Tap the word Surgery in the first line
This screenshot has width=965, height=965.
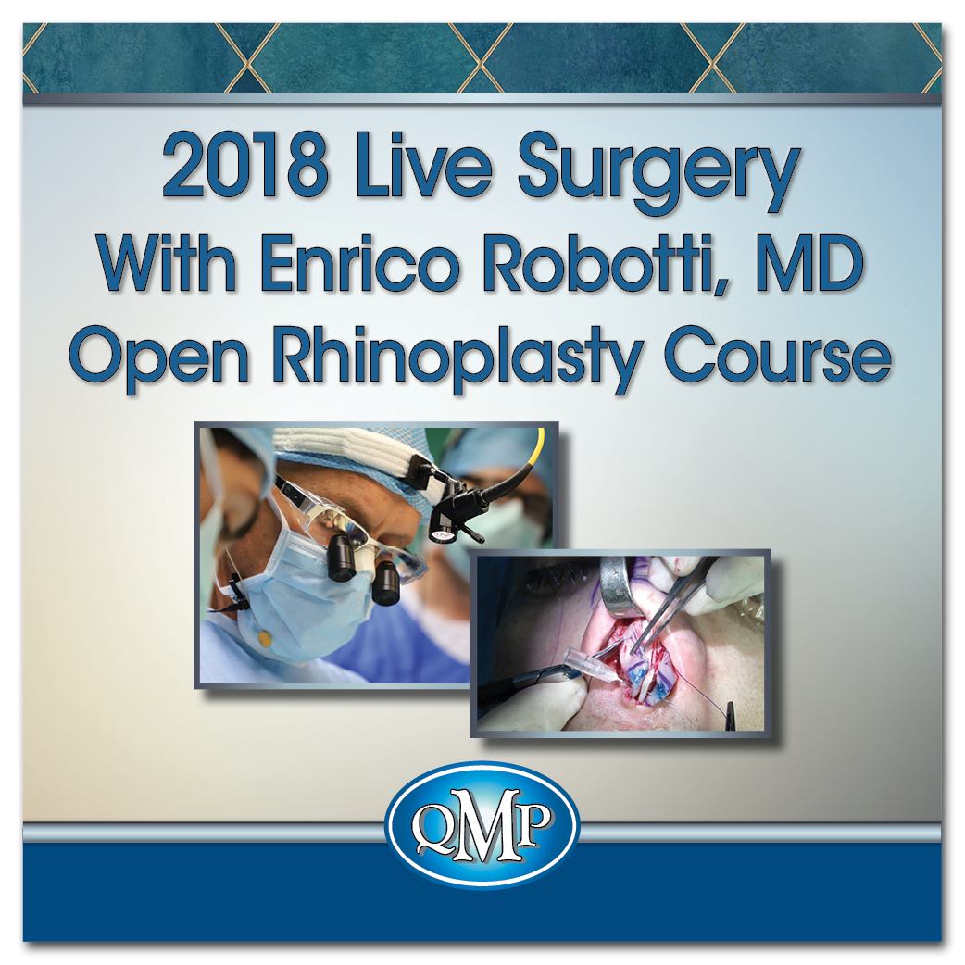pos(658,175)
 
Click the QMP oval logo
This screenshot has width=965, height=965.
pos(482,824)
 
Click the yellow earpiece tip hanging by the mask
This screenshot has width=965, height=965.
pos(264,640)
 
